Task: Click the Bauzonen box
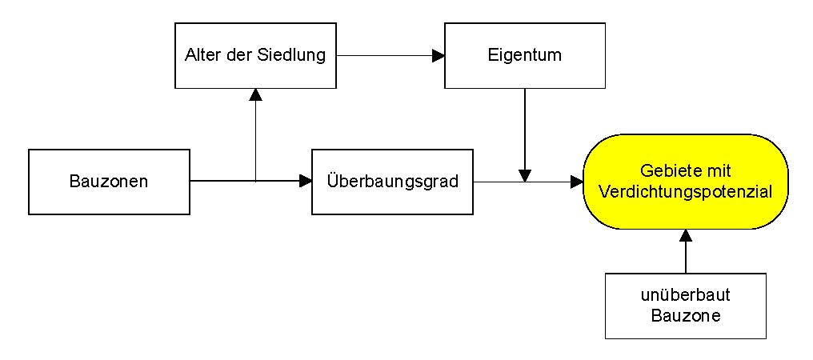[x=109, y=182]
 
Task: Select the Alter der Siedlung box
[x=255, y=55]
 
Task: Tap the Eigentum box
[x=524, y=55]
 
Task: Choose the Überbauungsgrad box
[x=392, y=182]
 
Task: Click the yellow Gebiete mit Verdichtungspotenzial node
[x=686, y=182]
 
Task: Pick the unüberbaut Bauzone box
[x=685, y=306]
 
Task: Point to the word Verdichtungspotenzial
[x=686, y=192]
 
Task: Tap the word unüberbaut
[x=686, y=295]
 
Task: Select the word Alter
[x=201, y=55]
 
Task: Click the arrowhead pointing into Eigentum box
[x=438, y=56]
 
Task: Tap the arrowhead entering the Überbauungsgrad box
[x=305, y=182]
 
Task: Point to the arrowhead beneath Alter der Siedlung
[x=255, y=94]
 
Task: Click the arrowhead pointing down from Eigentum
[x=524, y=174]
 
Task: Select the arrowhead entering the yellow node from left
[x=577, y=182]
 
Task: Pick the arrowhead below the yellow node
[x=686, y=236]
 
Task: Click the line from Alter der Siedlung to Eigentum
[x=384, y=56]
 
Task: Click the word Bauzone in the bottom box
[x=686, y=316]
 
